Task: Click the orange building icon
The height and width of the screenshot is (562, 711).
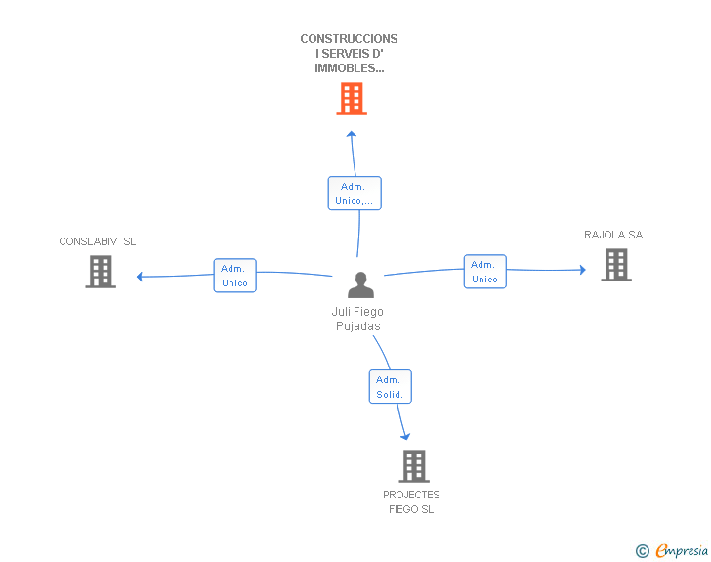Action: click(x=351, y=99)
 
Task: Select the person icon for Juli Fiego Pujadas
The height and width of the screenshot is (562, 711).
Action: click(x=360, y=284)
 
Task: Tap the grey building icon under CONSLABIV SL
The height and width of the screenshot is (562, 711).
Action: click(x=101, y=272)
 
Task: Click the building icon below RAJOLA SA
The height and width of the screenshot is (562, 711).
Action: click(x=615, y=265)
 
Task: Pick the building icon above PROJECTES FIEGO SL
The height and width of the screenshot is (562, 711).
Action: click(x=414, y=466)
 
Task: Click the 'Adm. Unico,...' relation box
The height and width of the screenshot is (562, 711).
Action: click(x=355, y=194)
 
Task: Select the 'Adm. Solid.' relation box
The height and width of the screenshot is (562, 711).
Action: click(x=390, y=387)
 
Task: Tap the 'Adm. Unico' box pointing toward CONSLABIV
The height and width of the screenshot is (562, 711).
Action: click(x=234, y=276)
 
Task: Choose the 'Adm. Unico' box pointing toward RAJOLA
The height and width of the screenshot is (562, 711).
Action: click(x=484, y=272)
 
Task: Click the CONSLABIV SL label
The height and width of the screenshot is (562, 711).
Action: click(x=98, y=241)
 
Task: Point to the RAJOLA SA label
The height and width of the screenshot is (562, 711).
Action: click(x=613, y=235)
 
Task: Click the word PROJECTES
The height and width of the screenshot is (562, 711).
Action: click(x=411, y=495)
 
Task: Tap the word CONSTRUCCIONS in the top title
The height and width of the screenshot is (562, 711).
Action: click(x=349, y=39)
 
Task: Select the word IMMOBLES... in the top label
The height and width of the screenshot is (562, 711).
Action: click(x=349, y=68)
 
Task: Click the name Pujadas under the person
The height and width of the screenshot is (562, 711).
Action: click(x=357, y=326)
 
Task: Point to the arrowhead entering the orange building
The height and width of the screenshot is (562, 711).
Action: click(x=352, y=134)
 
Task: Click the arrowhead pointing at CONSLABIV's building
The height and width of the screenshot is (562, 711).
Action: click(x=141, y=277)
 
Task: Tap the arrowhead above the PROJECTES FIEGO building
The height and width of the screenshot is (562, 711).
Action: click(x=405, y=436)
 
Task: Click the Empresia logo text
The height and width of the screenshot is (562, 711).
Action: click(x=681, y=551)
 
